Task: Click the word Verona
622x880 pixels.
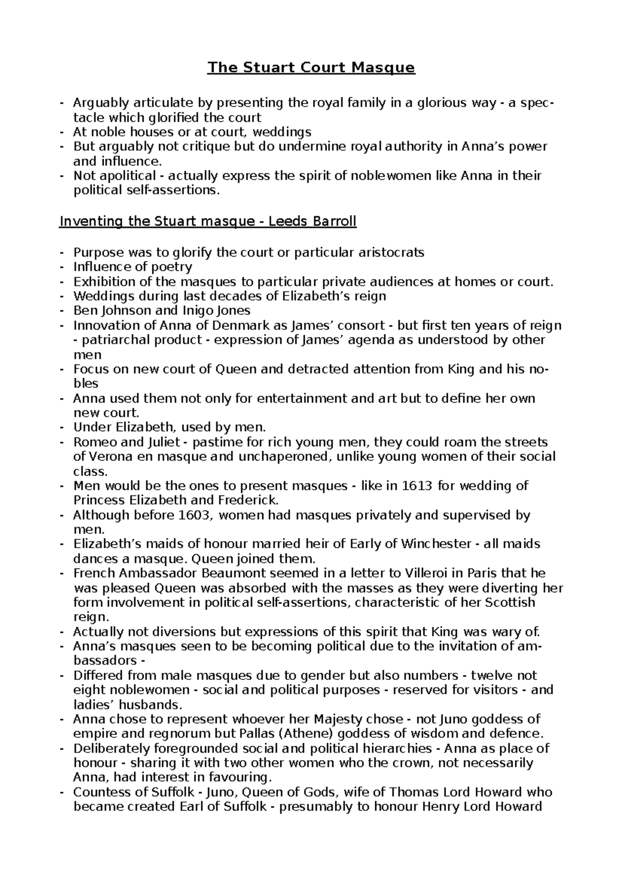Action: tap(111, 457)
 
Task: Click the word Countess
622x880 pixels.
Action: tap(99, 792)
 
